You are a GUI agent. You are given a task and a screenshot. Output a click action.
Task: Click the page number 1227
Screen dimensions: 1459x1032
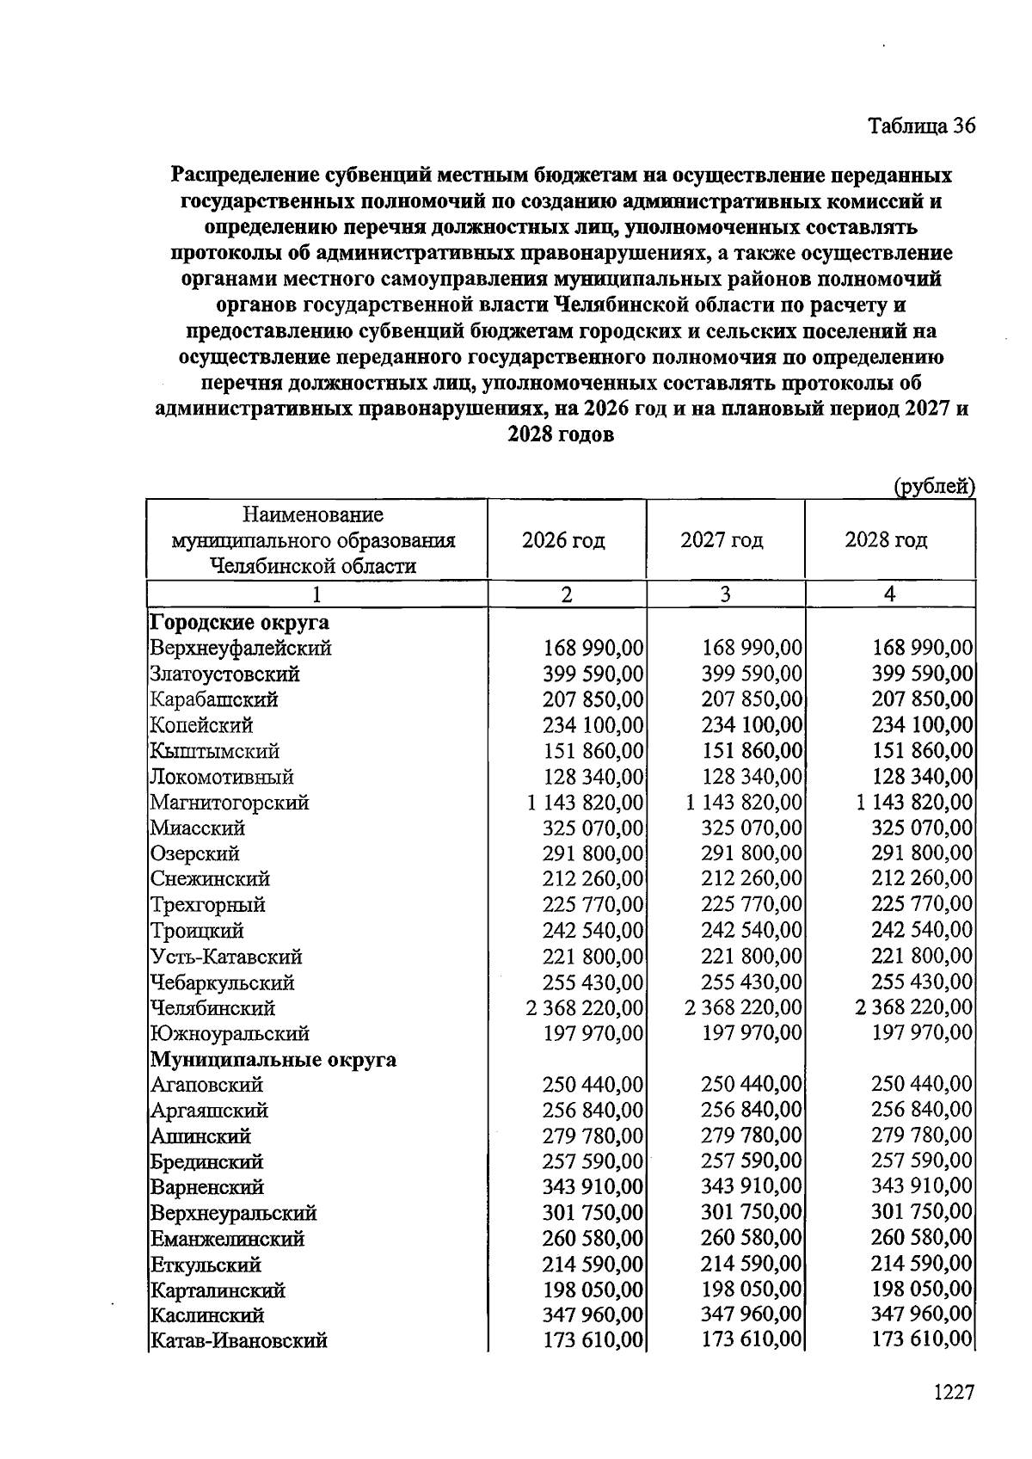point(954,1392)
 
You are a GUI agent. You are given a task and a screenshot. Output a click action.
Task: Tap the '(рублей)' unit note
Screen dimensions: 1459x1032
point(934,487)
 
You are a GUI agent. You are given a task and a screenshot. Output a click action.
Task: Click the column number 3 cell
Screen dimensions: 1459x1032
point(725,594)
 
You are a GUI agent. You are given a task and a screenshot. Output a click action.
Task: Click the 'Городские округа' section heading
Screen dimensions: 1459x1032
point(239,622)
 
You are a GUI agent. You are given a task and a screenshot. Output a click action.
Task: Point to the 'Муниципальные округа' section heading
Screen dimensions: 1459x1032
point(273,1059)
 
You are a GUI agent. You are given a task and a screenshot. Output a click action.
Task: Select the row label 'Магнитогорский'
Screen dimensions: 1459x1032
point(229,803)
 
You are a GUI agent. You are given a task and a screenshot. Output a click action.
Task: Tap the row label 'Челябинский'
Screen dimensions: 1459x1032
point(212,1007)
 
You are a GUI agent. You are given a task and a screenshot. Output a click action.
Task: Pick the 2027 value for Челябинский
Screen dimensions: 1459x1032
point(744,1007)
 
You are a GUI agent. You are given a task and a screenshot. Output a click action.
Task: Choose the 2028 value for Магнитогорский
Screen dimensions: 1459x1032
point(914,803)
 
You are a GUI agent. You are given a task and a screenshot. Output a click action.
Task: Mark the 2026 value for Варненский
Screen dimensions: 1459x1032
point(593,1187)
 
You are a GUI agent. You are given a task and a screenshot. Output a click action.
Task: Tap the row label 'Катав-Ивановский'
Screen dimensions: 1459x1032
point(238,1340)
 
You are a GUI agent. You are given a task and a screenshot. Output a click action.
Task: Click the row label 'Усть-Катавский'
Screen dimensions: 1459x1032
point(225,957)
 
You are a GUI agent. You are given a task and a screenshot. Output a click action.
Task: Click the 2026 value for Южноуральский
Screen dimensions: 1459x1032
point(593,1033)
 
